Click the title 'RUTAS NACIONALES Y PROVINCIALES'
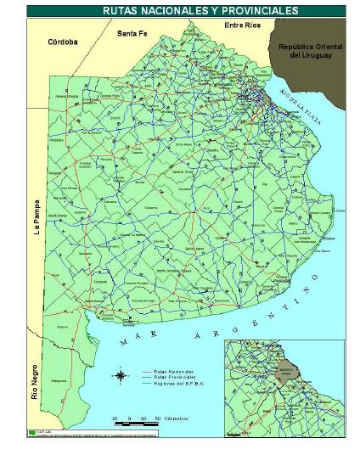(188, 11)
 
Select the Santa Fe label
(132, 34)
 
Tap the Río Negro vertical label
(35, 382)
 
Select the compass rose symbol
(121, 374)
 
